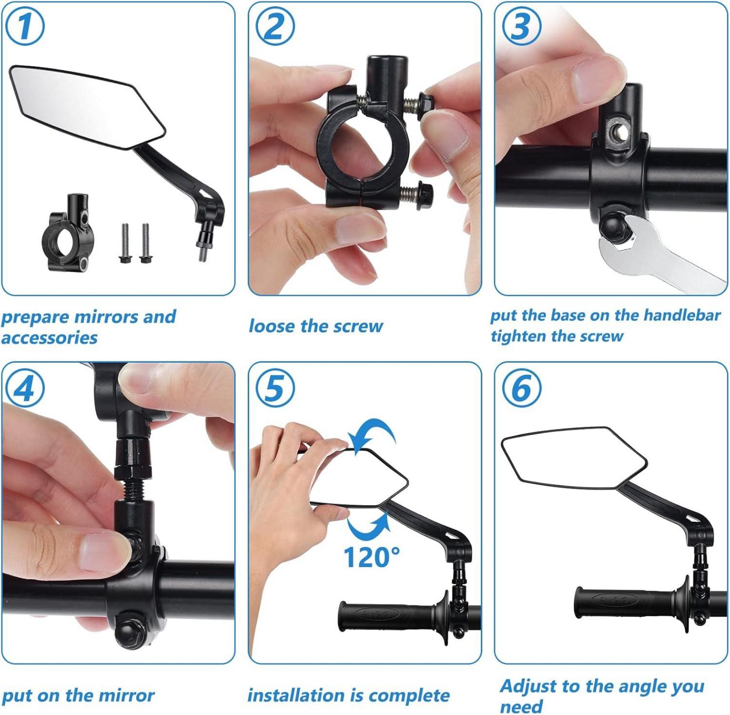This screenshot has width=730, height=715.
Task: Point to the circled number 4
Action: point(25,388)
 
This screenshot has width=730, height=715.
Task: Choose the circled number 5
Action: point(275,388)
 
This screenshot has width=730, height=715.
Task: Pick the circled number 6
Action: point(522,388)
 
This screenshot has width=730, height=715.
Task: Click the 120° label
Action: point(371,557)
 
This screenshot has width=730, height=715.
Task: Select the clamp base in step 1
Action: point(68,233)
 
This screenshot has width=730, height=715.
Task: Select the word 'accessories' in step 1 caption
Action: point(50,337)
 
